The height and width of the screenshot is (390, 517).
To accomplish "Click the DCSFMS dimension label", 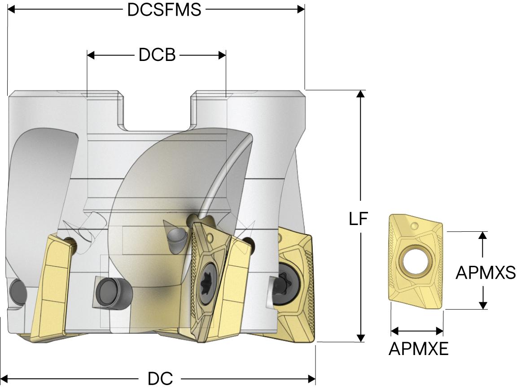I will click(x=164, y=10).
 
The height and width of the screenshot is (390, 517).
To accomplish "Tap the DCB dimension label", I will click(x=157, y=55).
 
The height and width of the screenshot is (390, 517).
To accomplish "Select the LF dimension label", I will click(x=358, y=218).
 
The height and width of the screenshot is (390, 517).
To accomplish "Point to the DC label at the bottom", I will click(x=160, y=379).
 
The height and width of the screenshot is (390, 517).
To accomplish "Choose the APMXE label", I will click(x=418, y=348).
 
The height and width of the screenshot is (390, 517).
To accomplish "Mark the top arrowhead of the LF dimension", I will click(x=361, y=94).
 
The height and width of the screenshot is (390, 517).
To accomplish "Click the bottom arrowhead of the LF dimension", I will click(x=361, y=338).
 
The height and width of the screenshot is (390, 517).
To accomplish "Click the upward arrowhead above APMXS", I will click(x=483, y=235).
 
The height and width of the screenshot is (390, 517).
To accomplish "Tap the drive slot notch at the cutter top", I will click(x=157, y=112).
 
